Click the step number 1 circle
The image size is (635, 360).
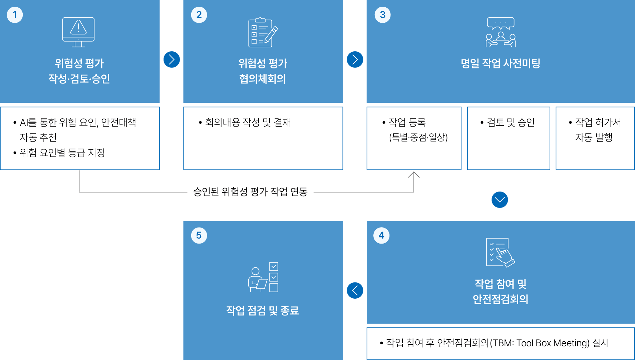15,15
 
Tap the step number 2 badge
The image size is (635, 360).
199,15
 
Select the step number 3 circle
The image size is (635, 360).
382,15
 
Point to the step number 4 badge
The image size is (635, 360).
381,236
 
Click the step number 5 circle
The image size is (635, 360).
199,236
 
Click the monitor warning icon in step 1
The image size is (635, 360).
78,32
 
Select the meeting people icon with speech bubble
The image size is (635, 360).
501,32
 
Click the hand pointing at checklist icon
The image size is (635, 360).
501,253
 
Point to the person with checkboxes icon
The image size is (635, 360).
263,277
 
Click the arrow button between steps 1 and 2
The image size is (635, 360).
172,59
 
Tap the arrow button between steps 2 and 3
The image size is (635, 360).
355,59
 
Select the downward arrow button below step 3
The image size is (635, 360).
500,200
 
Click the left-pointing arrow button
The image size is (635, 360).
355,290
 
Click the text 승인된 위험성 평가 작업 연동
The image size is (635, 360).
250,192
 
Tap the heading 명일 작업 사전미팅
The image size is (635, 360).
501,63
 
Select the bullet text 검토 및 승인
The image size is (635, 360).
511,122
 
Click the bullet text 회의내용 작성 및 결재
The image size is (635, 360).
248,122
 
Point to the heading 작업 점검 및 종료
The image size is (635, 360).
263,311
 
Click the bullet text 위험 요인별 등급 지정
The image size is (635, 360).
62,153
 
